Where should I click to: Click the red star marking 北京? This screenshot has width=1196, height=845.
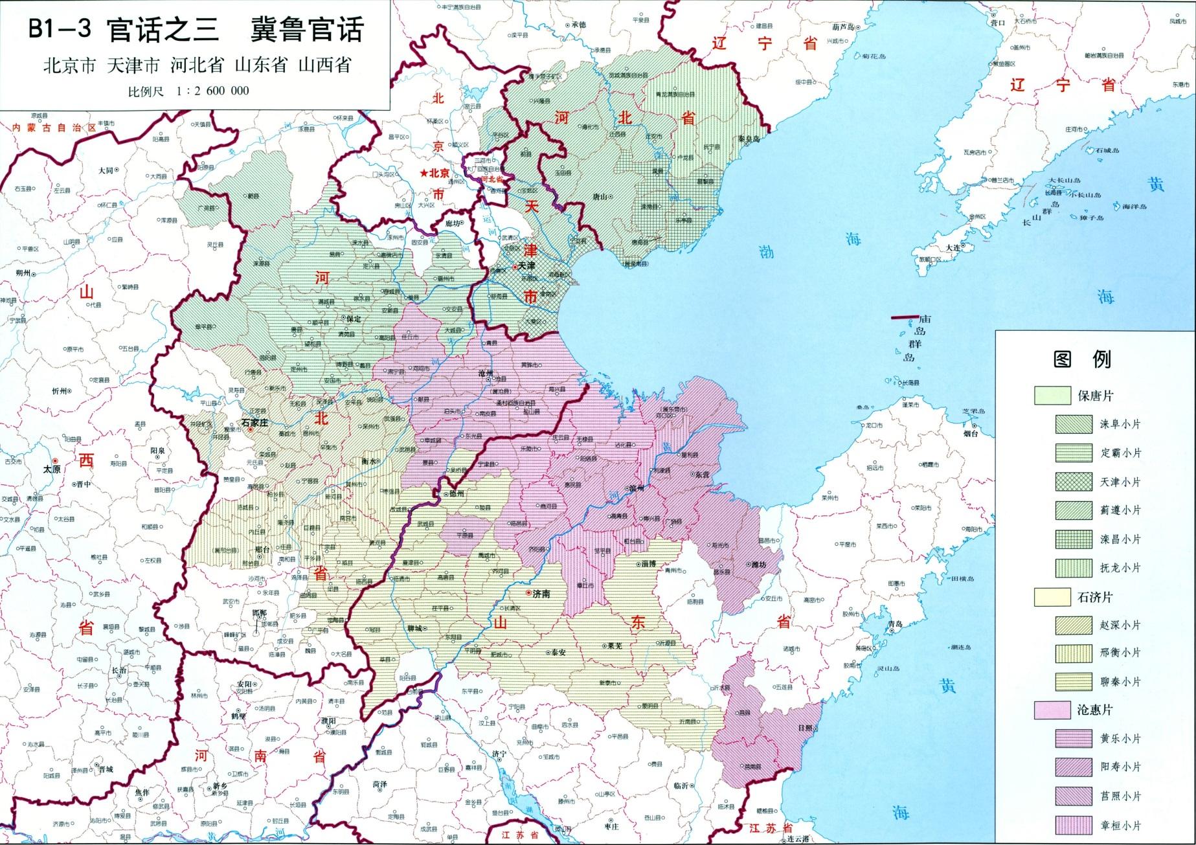pos(424,174)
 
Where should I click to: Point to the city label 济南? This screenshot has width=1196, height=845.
pos(541,593)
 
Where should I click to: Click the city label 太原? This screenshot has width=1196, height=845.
pos(52,469)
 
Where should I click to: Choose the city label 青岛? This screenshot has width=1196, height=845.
pos(896,624)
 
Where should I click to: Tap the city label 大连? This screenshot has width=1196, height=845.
pos(953,248)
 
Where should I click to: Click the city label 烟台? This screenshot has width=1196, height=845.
pos(970,434)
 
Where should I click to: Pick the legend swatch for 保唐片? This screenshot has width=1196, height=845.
pos(1052,396)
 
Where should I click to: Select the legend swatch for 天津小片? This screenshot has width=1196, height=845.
pos(1074,482)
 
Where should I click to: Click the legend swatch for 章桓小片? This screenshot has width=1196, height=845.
pos(1074,826)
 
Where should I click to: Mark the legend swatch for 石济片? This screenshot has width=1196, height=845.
pos(1052,597)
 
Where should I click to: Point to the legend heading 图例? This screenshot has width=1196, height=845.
pos(1082,359)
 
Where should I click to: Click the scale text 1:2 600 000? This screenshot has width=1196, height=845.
pos(212,91)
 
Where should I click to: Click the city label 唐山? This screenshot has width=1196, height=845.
pos(600,196)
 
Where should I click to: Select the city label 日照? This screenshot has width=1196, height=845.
pos(805,728)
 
